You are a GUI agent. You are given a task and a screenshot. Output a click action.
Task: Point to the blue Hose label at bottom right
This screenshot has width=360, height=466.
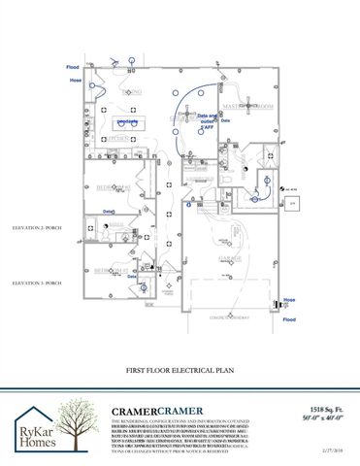(x=288, y=301)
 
